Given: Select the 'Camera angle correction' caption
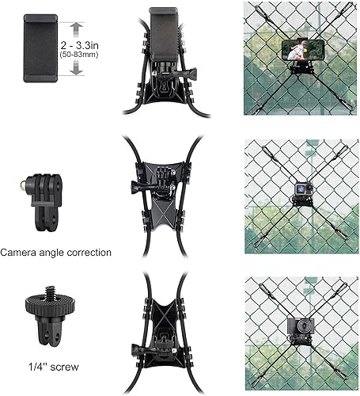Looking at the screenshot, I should (x=56, y=253).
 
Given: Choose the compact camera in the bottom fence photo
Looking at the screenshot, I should (x=299, y=327).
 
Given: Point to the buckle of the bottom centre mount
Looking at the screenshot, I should (x=161, y=341).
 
